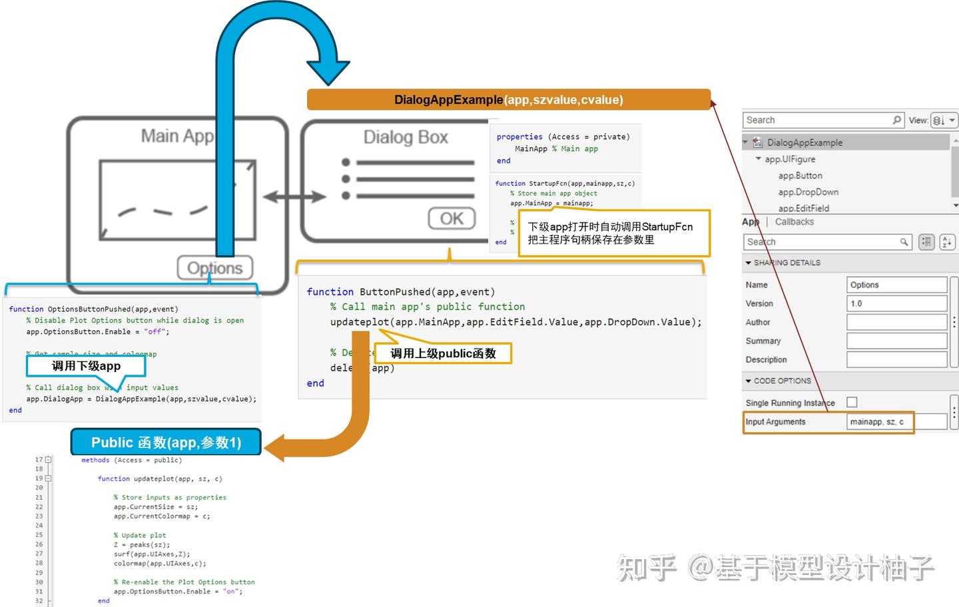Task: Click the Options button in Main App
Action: coord(214,268)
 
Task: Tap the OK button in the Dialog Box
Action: coord(452,218)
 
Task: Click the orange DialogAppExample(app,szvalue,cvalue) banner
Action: coord(508,100)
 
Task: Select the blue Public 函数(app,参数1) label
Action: coord(166,443)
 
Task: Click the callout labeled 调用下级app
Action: coord(86,366)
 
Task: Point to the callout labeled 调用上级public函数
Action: coord(443,353)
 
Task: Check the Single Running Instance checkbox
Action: coord(852,402)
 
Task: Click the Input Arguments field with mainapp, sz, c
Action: coord(896,422)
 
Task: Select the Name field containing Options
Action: coord(896,285)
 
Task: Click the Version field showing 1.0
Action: coord(896,303)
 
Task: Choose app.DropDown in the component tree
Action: coord(808,192)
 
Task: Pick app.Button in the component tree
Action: coord(800,176)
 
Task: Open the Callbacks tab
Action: coord(794,222)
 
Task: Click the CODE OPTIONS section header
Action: coord(782,381)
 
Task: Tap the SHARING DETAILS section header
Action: coord(787,263)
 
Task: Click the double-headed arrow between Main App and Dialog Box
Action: coord(294,196)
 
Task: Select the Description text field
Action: coord(896,359)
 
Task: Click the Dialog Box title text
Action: coord(405,137)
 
